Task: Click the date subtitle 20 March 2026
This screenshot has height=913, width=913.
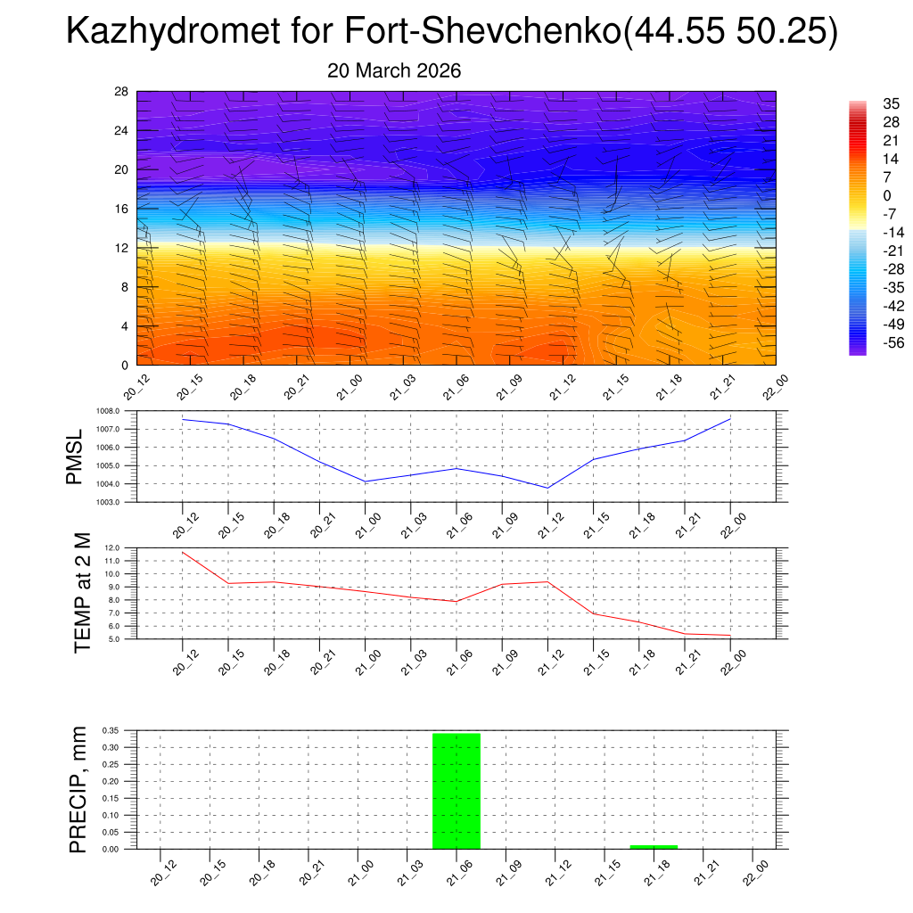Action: [x=394, y=70]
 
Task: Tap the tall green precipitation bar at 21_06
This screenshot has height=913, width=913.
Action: [x=456, y=790]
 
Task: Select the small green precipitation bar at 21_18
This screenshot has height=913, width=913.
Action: [x=654, y=846]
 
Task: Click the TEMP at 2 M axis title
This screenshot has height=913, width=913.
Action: [x=82, y=592]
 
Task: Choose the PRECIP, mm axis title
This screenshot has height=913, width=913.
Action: [x=78, y=789]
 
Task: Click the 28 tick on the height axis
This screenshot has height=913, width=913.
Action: [x=122, y=92]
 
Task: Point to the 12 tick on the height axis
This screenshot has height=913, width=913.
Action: [x=122, y=248]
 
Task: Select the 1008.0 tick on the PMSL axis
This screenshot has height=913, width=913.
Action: [x=119, y=411]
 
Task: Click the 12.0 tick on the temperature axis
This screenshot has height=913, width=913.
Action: [x=112, y=547]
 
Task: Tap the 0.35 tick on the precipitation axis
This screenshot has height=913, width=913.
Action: [x=111, y=730]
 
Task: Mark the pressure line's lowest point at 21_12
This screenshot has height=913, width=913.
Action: [x=547, y=488]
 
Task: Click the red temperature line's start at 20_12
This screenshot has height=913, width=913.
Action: [x=183, y=552]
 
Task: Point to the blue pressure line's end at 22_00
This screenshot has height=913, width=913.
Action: [x=730, y=419]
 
